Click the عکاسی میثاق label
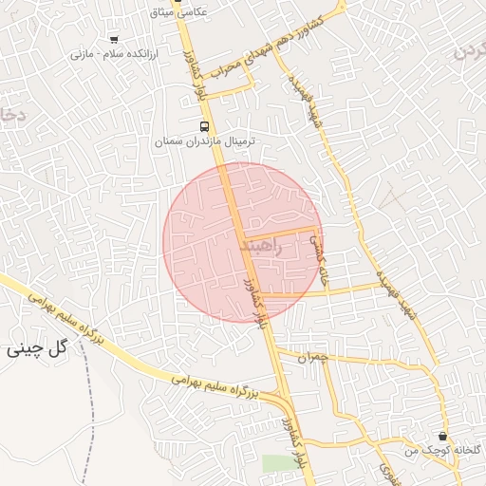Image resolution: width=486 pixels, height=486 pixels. [186, 12]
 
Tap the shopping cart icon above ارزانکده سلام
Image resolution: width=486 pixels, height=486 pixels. [114, 40]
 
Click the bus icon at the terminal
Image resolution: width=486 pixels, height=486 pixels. [204, 126]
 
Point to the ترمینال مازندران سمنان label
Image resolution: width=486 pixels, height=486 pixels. [205, 141]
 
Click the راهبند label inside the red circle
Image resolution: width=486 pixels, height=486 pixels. [262, 246]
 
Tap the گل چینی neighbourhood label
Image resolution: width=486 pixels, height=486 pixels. [37, 347]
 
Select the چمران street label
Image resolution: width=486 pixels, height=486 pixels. [311, 358]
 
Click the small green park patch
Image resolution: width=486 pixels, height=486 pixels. [278, 463]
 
